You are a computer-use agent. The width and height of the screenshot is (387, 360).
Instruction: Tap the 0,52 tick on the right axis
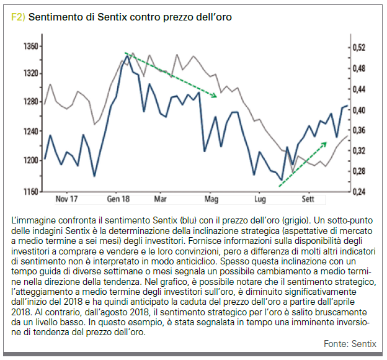358,48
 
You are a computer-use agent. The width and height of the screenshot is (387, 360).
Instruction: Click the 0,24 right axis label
358,192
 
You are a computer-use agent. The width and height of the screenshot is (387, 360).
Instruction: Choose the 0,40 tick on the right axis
358,110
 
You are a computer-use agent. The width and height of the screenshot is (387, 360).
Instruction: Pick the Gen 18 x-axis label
118,200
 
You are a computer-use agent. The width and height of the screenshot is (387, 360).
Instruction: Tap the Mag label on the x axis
212,200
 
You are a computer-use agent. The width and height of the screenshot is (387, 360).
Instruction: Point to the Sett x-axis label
308,200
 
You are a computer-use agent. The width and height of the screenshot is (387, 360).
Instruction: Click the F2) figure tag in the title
19,17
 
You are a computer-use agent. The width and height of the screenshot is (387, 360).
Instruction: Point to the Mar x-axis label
161,200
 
